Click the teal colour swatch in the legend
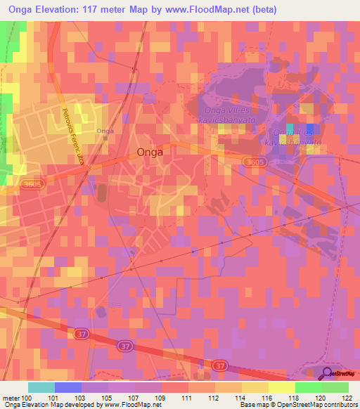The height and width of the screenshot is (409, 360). [x=41, y=387]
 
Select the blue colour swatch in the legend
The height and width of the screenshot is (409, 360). [x=68, y=387]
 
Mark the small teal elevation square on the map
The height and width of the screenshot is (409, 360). [x=290, y=127]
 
